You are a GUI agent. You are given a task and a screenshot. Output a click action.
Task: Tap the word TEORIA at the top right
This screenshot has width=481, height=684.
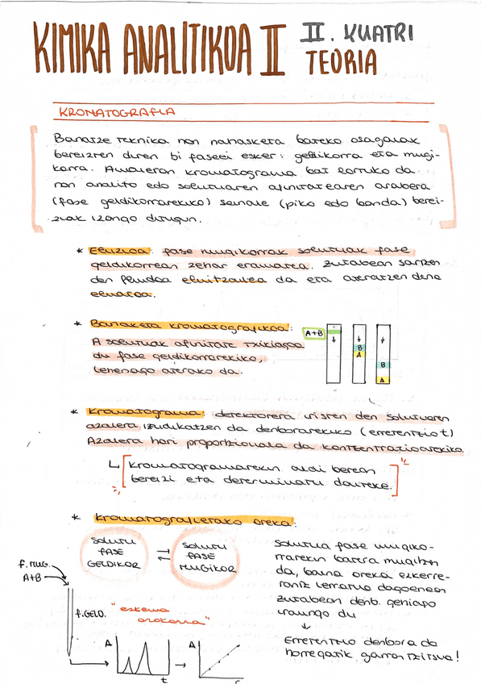342,60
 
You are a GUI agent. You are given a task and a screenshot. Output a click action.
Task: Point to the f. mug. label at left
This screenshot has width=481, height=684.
35,565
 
